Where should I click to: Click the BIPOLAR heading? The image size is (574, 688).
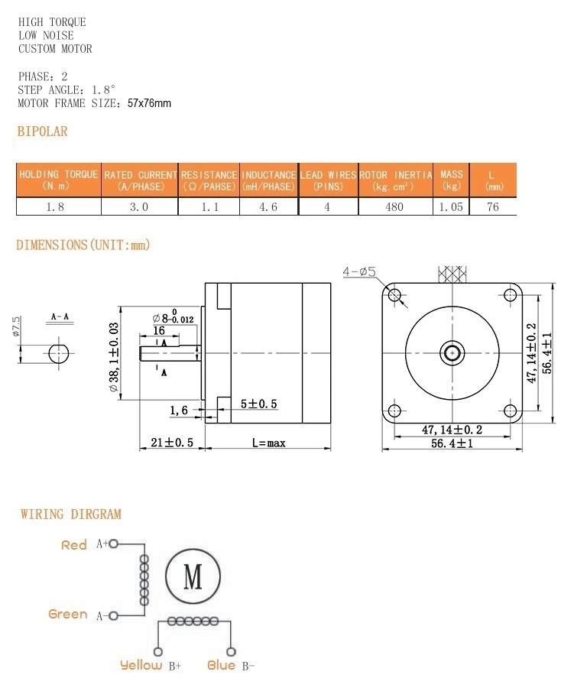tap(43, 131)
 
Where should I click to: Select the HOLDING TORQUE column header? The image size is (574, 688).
tap(58, 180)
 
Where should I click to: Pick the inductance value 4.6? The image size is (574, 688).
tap(268, 207)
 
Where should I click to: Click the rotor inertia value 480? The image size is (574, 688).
tap(394, 207)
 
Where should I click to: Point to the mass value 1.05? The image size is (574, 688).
tap(451, 207)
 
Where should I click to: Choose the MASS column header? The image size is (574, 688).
tap(452, 180)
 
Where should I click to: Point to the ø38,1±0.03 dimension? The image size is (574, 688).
tap(115, 359)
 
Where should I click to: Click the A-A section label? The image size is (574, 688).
tap(60, 316)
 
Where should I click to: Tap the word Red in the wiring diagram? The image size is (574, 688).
tap(74, 545)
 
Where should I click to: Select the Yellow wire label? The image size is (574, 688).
tap(141, 665)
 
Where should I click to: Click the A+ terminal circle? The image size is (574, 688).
tap(114, 544)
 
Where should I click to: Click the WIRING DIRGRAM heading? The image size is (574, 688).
tap(71, 514)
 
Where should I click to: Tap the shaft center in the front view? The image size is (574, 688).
tap(452, 352)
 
